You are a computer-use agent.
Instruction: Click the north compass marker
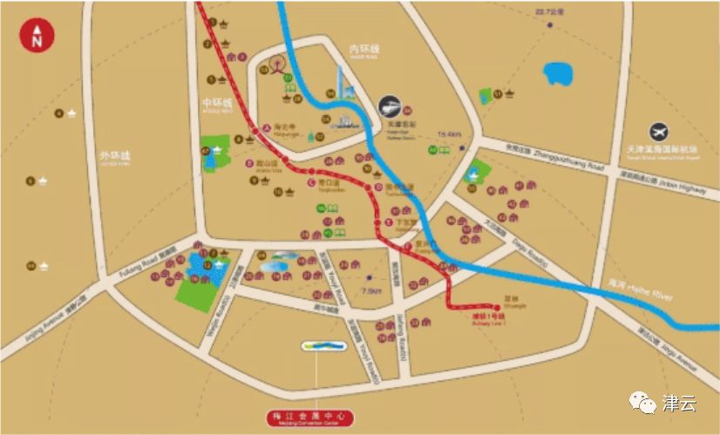click(x=37, y=38)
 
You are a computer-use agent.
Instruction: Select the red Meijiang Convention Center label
click(x=312, y=419)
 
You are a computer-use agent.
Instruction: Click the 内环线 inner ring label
click(x=364, y=51)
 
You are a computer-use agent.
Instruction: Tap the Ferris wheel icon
click(x=279, y=66)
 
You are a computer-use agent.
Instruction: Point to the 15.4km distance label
click(x=448, y=133)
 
